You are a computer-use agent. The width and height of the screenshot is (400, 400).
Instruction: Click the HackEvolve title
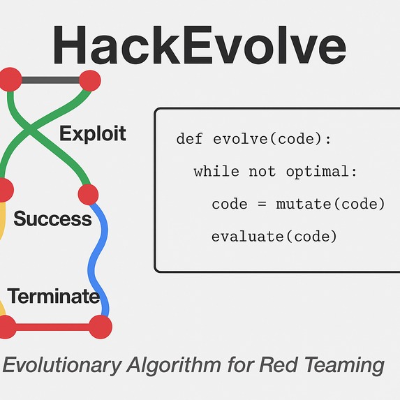tap(199, 47)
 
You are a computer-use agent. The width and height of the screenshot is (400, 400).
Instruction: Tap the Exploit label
tap(93, 133)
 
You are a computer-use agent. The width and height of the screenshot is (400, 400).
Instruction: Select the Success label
tap(52, 218)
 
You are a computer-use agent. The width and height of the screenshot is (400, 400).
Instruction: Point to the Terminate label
tap(54, 296)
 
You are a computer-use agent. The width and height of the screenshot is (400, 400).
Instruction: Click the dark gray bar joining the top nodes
tap(50, 80)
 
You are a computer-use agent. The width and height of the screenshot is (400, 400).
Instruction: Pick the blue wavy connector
tap(98, 258)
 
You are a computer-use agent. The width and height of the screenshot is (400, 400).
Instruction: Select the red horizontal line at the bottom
tap(53, 326)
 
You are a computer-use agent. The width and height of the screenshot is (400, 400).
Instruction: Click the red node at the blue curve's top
tap(88, 193)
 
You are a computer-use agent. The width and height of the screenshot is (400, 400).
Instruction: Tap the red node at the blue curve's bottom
tap(101, 326)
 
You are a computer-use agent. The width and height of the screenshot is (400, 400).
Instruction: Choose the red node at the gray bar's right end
tap(89, 81)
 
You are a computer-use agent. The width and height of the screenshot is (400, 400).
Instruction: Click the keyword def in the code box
tap(189, 138)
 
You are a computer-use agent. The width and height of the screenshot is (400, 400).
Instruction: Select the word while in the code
tap(216, 171)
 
